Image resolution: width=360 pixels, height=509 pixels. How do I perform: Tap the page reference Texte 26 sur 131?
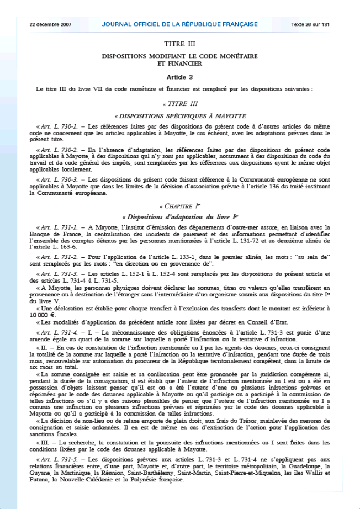tap(310, 24)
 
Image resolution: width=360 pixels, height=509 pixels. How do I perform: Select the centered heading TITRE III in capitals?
tap(180, 44)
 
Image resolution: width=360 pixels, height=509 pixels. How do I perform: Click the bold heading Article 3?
tap(180, 77)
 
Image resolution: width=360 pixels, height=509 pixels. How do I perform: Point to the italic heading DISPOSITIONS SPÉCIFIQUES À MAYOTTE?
tap(180, 116)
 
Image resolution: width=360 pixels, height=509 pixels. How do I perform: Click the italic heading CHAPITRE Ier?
tap(180, 207)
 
